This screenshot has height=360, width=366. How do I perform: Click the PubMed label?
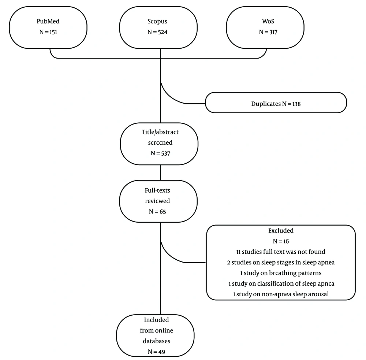48,21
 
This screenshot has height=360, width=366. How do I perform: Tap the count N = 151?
48,32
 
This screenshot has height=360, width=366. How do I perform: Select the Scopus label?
157,22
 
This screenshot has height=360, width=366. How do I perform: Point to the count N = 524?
157,32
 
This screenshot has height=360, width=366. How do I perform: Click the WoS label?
268,21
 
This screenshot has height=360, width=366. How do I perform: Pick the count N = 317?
268,32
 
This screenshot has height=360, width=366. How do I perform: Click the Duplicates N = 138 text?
276,104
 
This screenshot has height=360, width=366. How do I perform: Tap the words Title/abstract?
160,132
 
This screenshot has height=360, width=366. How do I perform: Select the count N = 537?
160,153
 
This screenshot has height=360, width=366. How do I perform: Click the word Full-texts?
157,190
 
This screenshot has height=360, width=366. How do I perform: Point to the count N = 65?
157,212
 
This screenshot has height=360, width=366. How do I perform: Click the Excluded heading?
281,231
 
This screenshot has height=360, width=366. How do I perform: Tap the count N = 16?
281,241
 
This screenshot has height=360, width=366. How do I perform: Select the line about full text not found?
281,252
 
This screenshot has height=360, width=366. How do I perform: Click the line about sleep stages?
281,262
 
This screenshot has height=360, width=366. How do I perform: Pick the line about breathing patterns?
281,273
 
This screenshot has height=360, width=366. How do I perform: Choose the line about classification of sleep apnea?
281,283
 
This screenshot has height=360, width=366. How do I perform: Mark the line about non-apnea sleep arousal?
281,294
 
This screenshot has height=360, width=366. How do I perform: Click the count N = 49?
156,352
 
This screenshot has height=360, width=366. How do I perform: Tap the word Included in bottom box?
156,320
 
